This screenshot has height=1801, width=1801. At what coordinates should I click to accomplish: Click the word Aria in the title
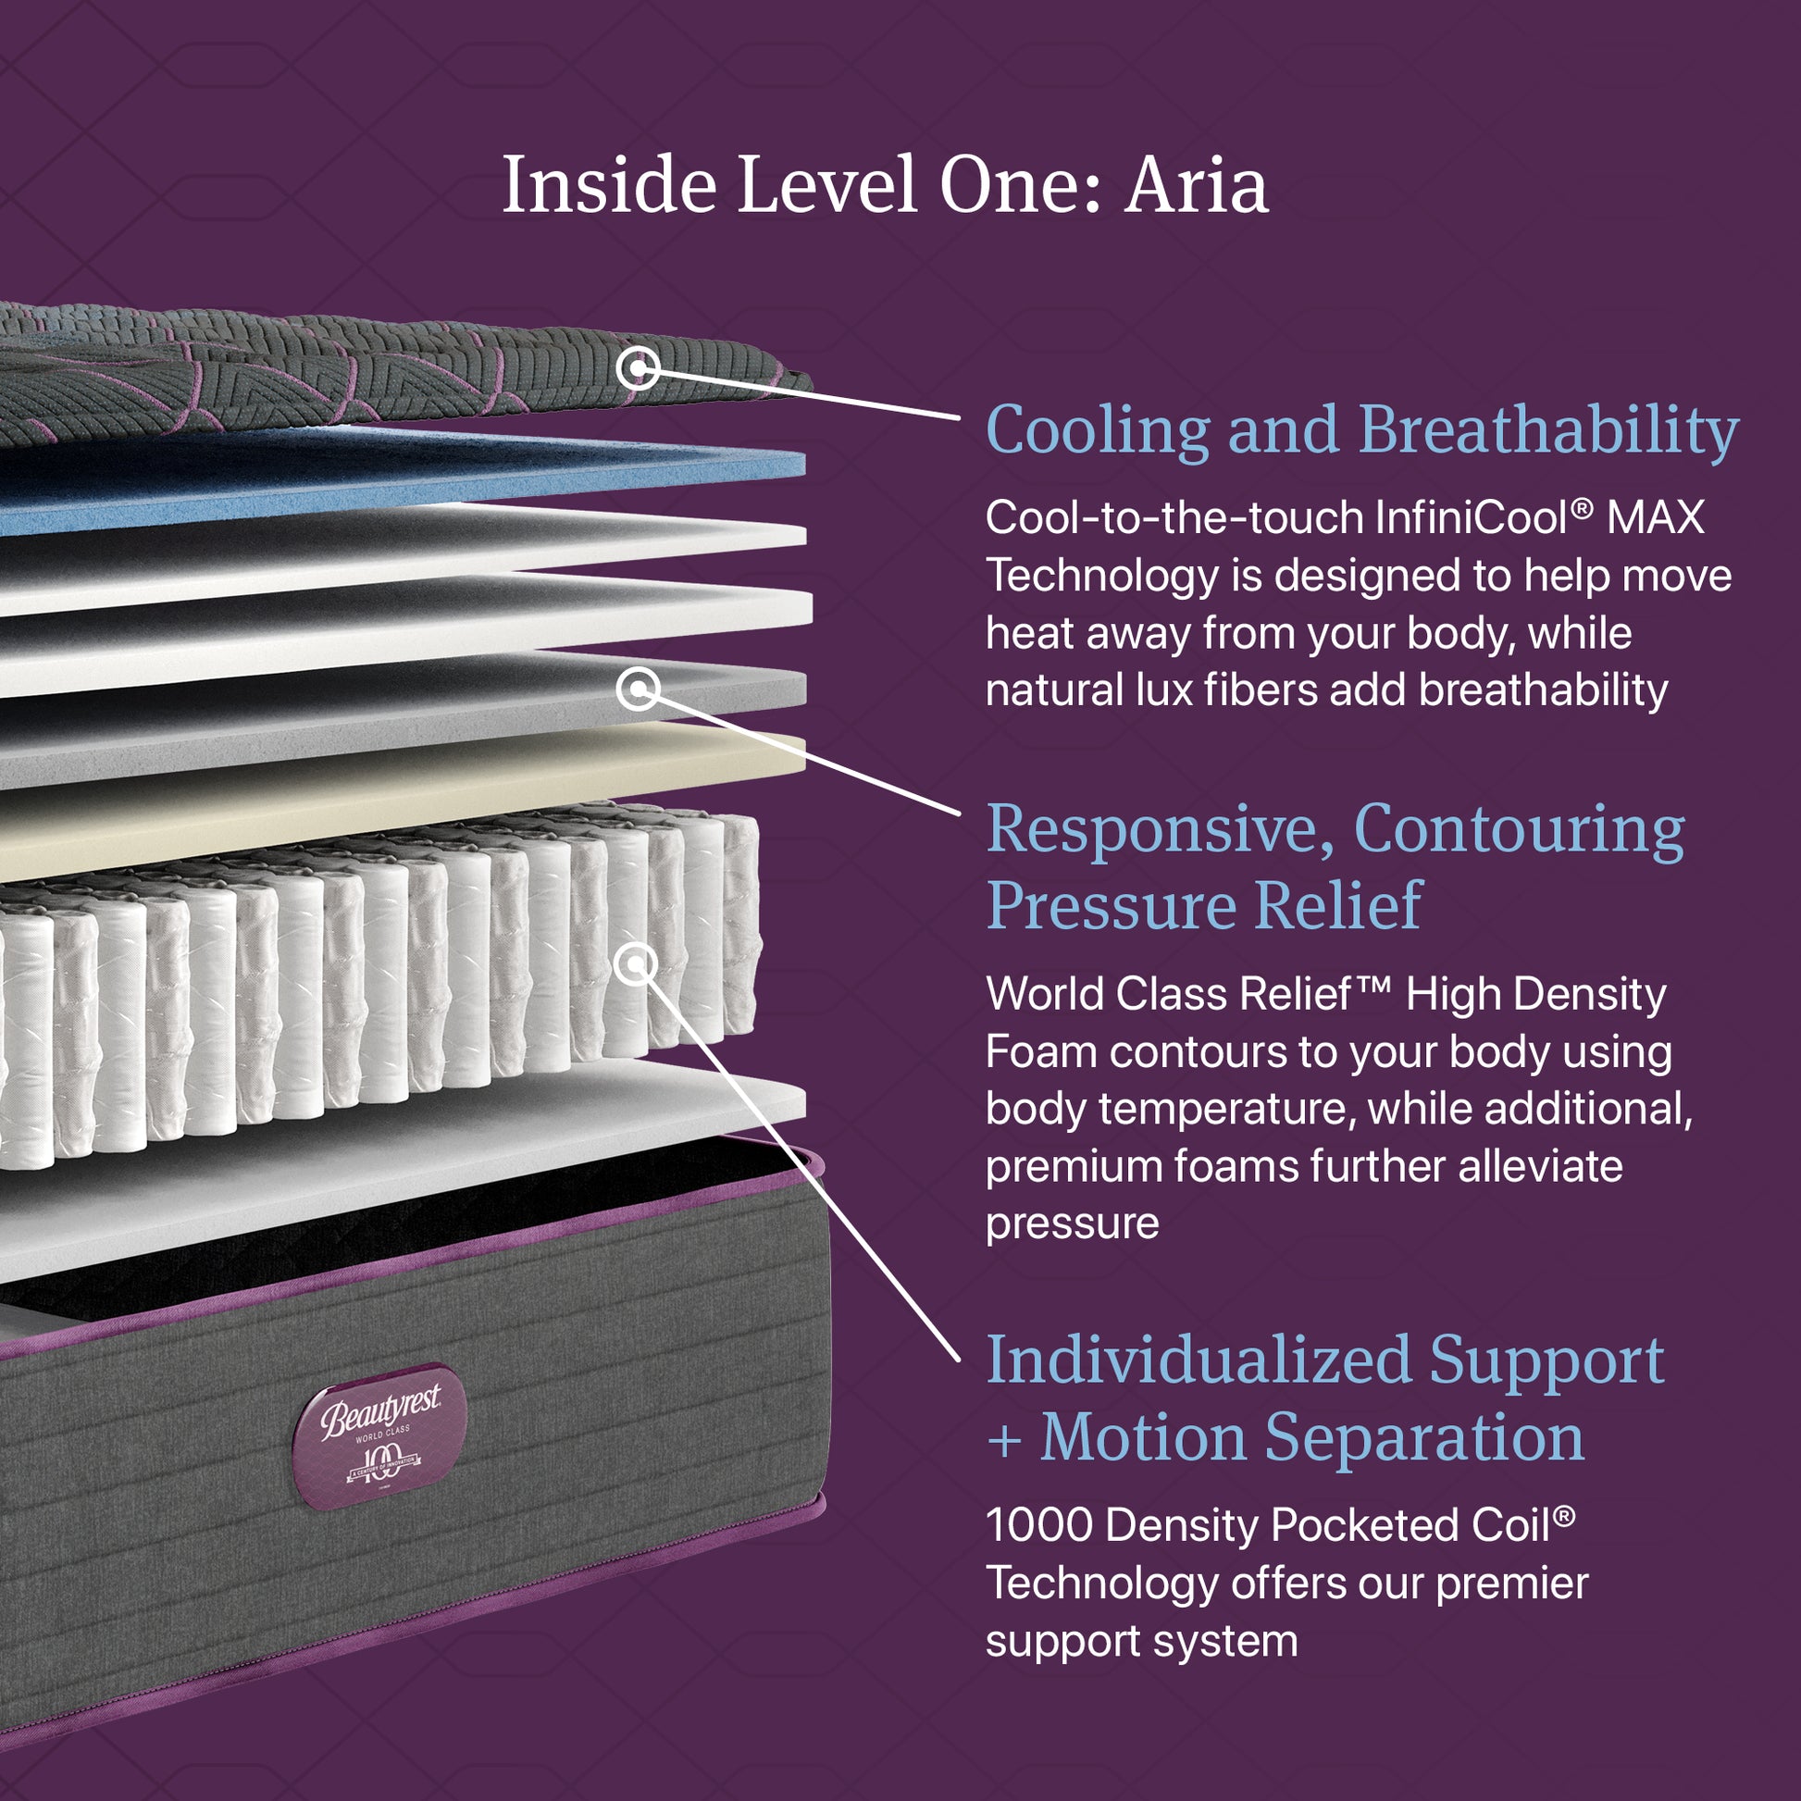tap(1195, 186)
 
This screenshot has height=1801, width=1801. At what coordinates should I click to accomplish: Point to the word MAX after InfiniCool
tap(1656, 518)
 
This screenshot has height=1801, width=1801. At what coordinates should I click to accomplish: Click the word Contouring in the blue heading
tap(1519, 828)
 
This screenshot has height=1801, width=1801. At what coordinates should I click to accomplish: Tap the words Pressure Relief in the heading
tap(1204, 906)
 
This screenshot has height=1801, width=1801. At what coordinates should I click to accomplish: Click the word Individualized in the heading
tap(1199, 1360)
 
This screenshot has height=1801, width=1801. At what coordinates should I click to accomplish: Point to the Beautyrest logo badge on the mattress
tap(379, 1436)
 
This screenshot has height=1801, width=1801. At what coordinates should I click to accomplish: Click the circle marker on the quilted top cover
tap(638, 367)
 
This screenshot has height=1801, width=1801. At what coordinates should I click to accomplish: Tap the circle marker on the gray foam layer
tap(639, 689)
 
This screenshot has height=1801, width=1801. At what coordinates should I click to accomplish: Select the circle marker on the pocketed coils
tap(636, 963)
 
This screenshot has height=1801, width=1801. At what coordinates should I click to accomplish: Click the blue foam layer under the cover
tap(401, 480)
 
